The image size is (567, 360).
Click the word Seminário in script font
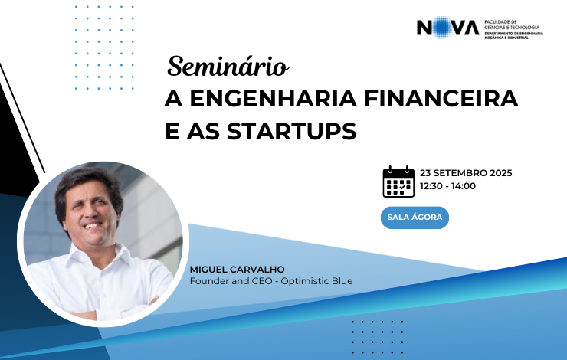pyautogui.click(x=228, y=67)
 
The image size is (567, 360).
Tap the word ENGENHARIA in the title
pyautogui.click(x=274, y=98)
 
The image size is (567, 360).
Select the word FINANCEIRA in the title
pyautogui.click(x=441, y=98)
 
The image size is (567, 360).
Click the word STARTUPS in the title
pyautogui.click(x=291, y=131)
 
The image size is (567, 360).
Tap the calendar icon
pyautogui.click(x=398, y=182)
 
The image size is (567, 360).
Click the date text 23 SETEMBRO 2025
pyautogui.click(x=466, y=173)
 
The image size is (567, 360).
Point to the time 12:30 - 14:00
pyautogui.click(x=447, y=186)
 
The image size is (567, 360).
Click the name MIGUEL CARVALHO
pyautogui.click(x=238, y=270)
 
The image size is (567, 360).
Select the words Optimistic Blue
pyautogui.click(x=316, y=281)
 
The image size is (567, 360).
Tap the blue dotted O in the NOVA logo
pyautogui.click(x=440, y=27)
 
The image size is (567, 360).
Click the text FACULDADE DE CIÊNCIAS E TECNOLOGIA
pyautogui.click(x=512, y=25)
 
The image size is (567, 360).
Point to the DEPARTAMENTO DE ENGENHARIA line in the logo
pyautogui.click(x=514, y=33)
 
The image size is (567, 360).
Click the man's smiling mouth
pyautogui.click(x=93, y=225)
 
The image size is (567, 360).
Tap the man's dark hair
pyautogui.click(x=87, y=185)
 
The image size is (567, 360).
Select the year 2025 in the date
pyautogui.click(x=501, y=173)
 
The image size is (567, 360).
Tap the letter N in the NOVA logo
pyautogui.click(x=424, y=28)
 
